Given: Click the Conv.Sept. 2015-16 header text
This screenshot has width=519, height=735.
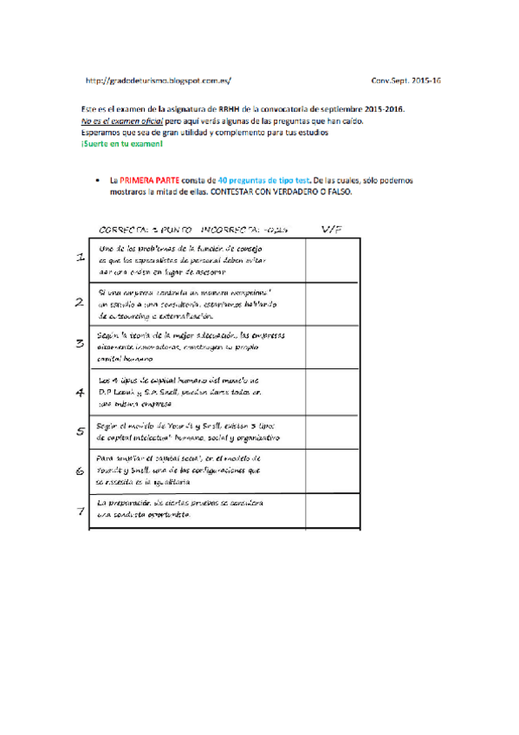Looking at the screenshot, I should [x=405, y=81].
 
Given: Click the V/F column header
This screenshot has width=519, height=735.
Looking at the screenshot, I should [x=332, y=230].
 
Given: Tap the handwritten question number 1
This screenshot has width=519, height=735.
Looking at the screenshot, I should [x=81, y=258].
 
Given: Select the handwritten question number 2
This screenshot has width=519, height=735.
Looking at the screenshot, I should [x=80, y=302].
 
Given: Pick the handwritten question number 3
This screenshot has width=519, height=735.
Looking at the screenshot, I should [x=80, y=344].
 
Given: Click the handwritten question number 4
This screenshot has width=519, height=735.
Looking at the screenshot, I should [x=80, y=391].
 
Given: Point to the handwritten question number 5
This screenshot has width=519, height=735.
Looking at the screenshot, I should [x=80, y=431].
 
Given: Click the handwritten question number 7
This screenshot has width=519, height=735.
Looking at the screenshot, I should [x=80, y=511].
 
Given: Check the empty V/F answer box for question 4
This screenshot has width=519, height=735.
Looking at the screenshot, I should [x=331, y=392].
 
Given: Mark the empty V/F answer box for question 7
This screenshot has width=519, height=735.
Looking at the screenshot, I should [x=331, y=511].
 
